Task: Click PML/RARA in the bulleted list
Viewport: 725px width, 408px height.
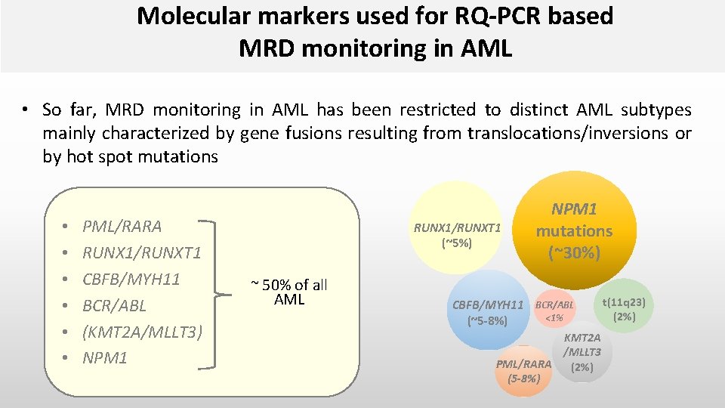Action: point(122,226)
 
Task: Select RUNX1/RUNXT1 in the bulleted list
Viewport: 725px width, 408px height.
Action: point(140,252)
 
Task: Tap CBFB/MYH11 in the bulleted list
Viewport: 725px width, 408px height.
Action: point(131,279)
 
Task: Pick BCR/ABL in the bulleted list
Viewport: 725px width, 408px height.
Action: point(114,305)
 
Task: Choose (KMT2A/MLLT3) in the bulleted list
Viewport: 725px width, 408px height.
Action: point(142,332)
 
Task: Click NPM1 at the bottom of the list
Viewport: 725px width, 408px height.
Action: point(105,358)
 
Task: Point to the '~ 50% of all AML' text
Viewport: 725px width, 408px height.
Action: point(289,292)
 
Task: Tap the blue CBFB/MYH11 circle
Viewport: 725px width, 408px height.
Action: point(488,310)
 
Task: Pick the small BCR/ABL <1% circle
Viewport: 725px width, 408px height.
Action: point(554,310)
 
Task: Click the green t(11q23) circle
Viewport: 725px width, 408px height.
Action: point(624,309)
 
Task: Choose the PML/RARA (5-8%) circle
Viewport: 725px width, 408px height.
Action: point(523,370)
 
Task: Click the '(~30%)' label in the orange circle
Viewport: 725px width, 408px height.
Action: point(574,252)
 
